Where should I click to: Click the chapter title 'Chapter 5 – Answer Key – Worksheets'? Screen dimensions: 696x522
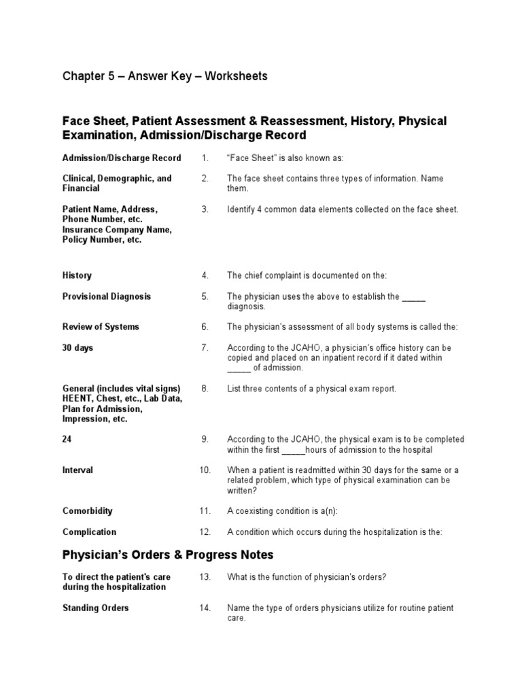[x=165, y=76]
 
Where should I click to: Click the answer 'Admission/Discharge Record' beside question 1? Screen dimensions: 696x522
[x=122, y=158]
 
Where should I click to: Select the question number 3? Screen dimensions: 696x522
[x=205, y=209]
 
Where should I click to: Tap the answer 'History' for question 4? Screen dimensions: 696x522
[x=77, y=275]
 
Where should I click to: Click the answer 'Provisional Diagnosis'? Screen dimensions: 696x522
[x=107, y=297]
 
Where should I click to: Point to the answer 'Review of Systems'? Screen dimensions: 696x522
[x=101, y=327]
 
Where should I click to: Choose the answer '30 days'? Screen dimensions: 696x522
[x=78, y=348]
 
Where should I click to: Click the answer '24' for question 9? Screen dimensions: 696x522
[x=67, y=440]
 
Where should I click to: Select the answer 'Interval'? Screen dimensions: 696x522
[x=78, y=470]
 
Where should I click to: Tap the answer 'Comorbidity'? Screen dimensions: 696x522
[x=88, y=511]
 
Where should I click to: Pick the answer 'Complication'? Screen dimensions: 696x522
[x=89, y=532]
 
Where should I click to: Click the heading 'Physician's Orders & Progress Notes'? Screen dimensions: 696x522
[x=168, y=555]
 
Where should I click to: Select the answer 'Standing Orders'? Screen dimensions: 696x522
[x=96, y=608]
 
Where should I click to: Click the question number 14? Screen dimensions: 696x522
[x=205, y=608]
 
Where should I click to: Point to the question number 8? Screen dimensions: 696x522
[x=205, y=389]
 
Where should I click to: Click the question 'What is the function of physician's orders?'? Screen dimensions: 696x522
[x=307, y=577]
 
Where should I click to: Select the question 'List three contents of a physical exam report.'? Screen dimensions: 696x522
[x=311, y=389]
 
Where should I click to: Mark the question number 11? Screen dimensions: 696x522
[x=205, y=511]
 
